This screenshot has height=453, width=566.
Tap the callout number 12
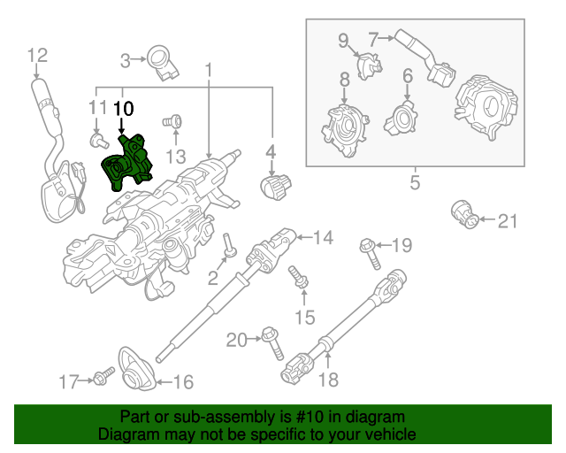click(x=36, y=56)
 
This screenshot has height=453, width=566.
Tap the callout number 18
click(x=327, y=380)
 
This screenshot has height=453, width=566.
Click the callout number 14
click(x=323, y=237)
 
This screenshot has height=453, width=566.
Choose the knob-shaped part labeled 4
click(x=277, y=185)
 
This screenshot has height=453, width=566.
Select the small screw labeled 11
click(x=98, y=139)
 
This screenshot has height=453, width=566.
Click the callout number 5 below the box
click(x=413, y=184)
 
